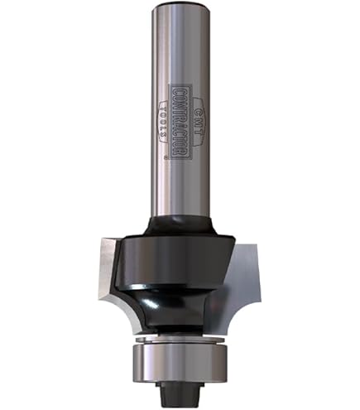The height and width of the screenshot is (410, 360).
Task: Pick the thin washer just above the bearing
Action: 180,338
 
